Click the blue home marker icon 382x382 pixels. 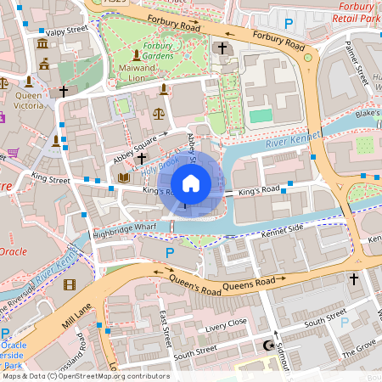[x=191, y=183]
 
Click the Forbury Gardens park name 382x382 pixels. [x=158, y=51]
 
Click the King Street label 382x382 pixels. [x=51, y=179]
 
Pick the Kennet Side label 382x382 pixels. [x=282, y=230]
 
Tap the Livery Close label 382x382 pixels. [x=225, y=323]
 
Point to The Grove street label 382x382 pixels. [x=357, y=346]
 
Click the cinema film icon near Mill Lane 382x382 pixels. [x=69, y=284]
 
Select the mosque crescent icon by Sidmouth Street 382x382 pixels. [x=271, y=345]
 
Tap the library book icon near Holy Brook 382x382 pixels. [x=124, y=177]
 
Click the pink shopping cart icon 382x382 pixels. [x=13, y=153]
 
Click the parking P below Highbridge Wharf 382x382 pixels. [x=170, y=253]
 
